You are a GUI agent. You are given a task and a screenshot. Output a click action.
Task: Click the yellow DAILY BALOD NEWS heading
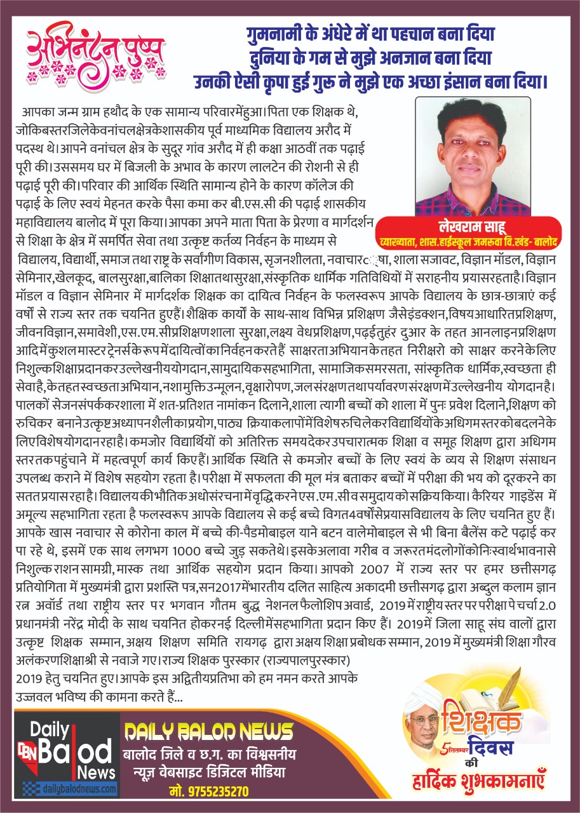pos(208,732)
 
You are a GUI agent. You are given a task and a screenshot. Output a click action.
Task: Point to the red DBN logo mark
pos(28,751)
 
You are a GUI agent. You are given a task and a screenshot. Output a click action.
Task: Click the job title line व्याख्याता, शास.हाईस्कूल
pos(468,242)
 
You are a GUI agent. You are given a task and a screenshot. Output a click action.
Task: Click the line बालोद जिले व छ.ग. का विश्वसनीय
pos(208,755)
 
